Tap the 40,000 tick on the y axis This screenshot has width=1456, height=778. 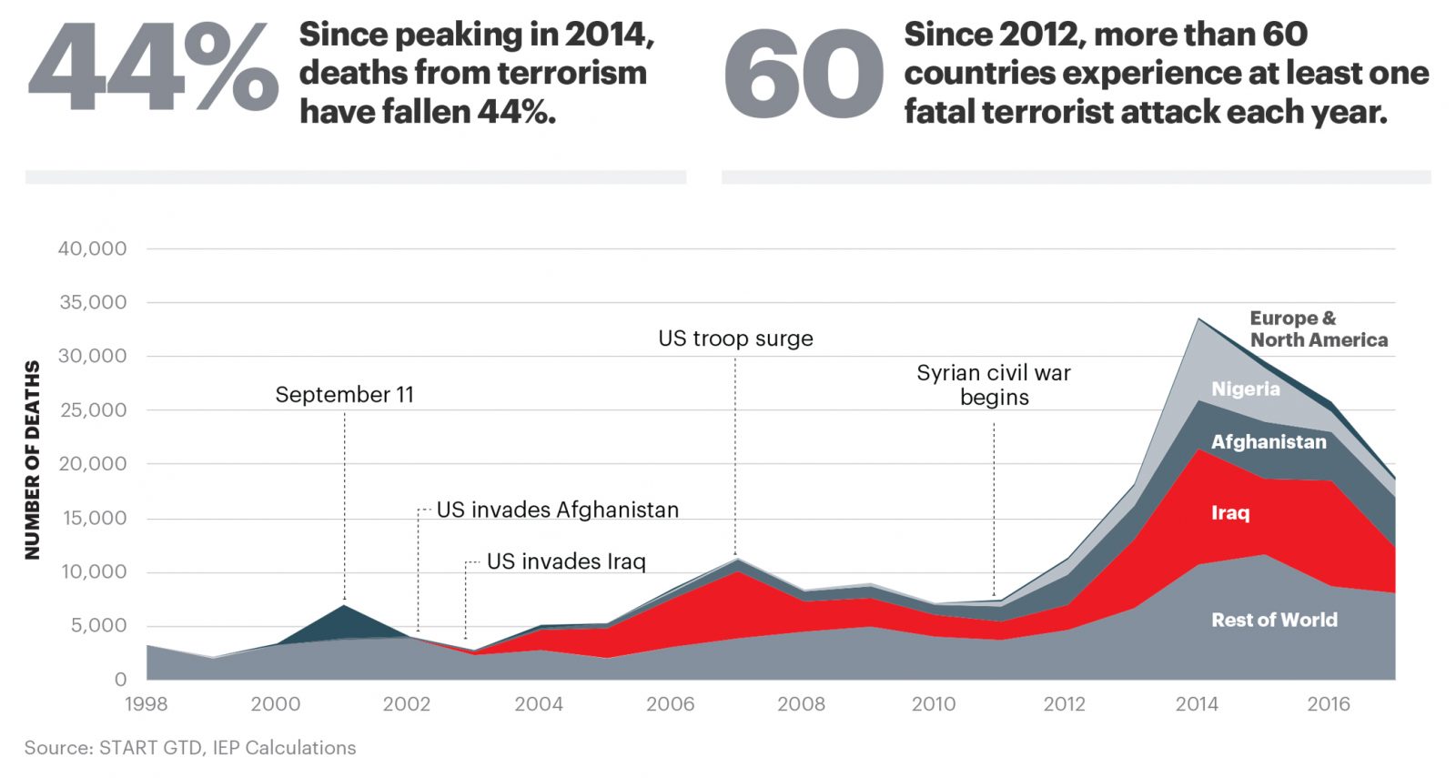coord(93,248)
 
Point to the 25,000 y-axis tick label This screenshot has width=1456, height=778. coord(93,409)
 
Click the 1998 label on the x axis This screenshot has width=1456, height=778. coord(146,703)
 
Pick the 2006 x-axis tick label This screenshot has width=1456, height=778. coord(671,703)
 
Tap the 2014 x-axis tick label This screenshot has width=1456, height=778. coord(1197,703)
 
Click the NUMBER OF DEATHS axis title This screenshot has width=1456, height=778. coord(33,460)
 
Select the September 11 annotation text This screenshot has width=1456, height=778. coord(344,394)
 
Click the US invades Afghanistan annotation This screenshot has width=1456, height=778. coord(557,510)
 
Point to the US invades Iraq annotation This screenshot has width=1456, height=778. coord(566,561)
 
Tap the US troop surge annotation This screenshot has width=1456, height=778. coord(735,338)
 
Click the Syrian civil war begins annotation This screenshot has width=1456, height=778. coord(994,385)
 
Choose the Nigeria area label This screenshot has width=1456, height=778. coord(1245,389)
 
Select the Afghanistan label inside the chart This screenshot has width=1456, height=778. coord(1269,441)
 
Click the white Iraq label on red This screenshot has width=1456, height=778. coord(1230,512)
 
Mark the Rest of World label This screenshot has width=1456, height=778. coord(1274,620)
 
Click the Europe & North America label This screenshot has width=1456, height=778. coord(1318,328)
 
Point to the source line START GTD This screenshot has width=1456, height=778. coord(190,747)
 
